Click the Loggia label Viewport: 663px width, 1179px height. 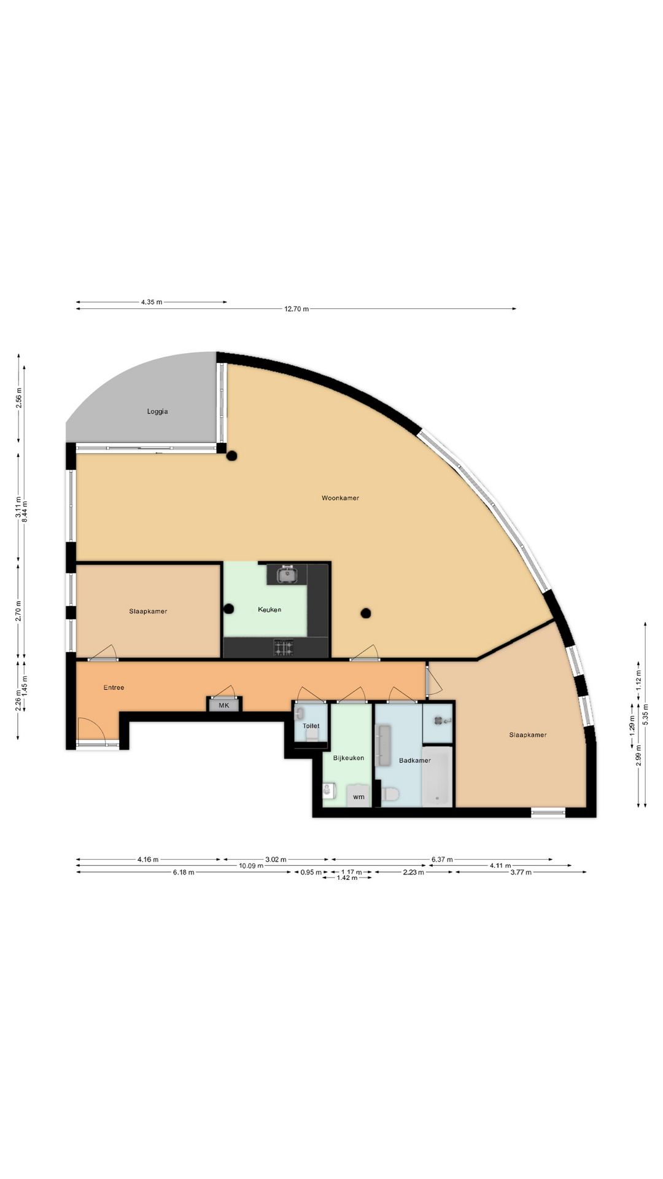coord(157,411)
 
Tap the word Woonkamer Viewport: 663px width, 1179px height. coord(340,498)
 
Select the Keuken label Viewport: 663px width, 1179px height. coord(269,610)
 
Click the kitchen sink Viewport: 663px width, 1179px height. coord(287,575)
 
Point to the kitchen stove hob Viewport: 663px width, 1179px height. coord(283,647)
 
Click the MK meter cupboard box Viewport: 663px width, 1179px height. coord(224,706)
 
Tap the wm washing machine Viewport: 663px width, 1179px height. coord(359,796)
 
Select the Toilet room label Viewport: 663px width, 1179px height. coord(311,726)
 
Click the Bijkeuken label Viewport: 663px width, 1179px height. coord(349,758)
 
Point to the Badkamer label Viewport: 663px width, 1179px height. coord(415,760)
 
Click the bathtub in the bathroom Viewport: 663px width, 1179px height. coord(437,776)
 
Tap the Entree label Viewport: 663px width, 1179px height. coord(114,688)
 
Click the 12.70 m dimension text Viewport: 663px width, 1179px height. coord(297,309)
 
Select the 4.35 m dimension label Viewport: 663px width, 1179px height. coord(152,302)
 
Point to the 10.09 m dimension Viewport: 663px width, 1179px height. coord(251,866)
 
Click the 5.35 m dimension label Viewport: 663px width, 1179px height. coord(645,715)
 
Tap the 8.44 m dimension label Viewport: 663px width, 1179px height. coord(25,512)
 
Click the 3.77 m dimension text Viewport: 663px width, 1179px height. coord(521,872)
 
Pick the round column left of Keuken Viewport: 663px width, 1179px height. coord(229,609)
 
